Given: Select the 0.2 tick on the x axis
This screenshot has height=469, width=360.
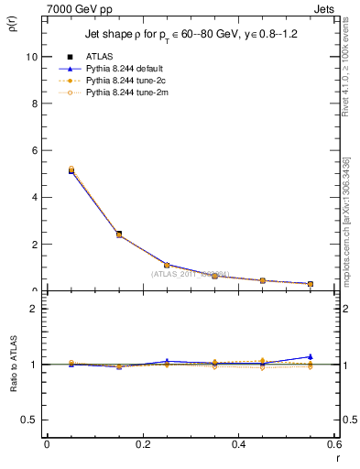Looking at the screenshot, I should (x=142, y=444).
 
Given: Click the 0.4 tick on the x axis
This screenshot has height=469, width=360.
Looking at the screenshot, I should (x=238, y=444).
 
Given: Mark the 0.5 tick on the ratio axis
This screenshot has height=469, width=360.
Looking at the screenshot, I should (x=29, y=420).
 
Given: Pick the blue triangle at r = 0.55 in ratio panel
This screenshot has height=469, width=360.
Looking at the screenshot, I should (x=311, y=356).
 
